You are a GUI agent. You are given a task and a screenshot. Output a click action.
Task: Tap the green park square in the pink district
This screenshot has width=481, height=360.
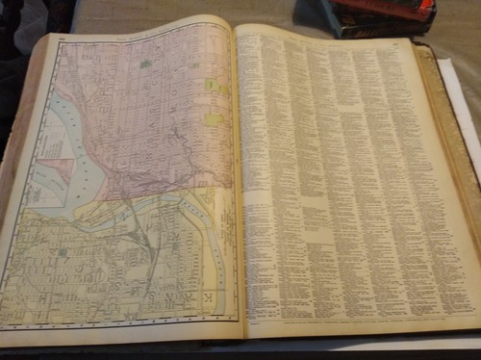144,64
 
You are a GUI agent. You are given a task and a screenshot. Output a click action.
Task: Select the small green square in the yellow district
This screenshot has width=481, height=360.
63,252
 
